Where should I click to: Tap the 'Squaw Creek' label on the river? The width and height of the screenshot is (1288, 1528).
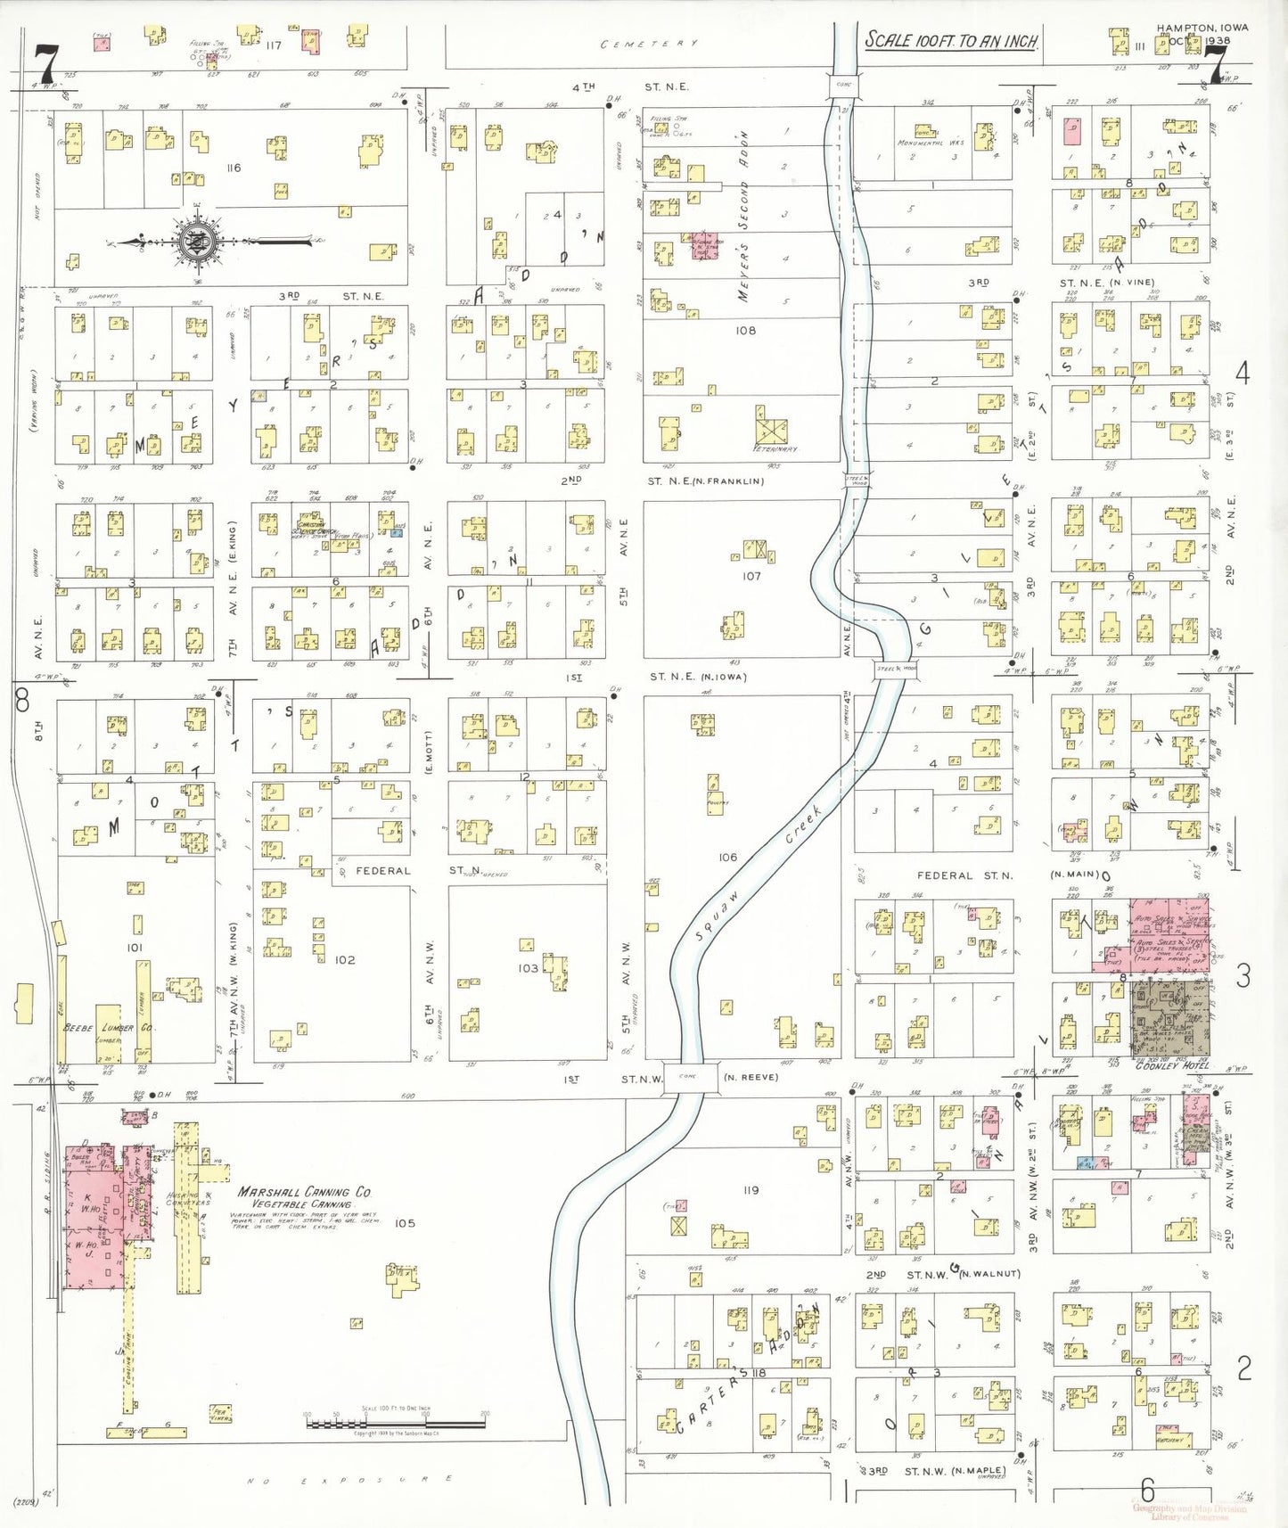pos(760,875)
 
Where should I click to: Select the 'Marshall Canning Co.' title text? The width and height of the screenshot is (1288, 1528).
pos(304,1192)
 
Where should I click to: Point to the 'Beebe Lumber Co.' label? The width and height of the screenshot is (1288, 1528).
pos(109,1028)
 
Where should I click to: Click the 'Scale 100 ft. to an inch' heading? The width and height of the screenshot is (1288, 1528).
pos(951,40)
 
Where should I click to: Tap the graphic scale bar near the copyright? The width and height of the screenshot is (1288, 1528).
pos(395,1423)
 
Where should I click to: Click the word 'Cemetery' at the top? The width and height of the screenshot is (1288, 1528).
pos(649,44)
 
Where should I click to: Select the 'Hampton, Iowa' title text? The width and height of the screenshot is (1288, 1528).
pos(1202,28)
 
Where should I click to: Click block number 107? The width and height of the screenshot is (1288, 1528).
pos(751,576)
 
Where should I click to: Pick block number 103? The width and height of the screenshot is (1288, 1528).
pos(528,967)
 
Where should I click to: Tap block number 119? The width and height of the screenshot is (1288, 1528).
pos(751,1189)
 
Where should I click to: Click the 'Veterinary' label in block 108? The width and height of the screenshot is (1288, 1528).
pos(775,449)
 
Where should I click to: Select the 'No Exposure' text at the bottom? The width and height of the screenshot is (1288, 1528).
pos(349,1480)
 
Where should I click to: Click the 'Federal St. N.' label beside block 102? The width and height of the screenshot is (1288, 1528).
pos(383,870)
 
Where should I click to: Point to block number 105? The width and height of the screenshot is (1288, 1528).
pos(405,1223)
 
